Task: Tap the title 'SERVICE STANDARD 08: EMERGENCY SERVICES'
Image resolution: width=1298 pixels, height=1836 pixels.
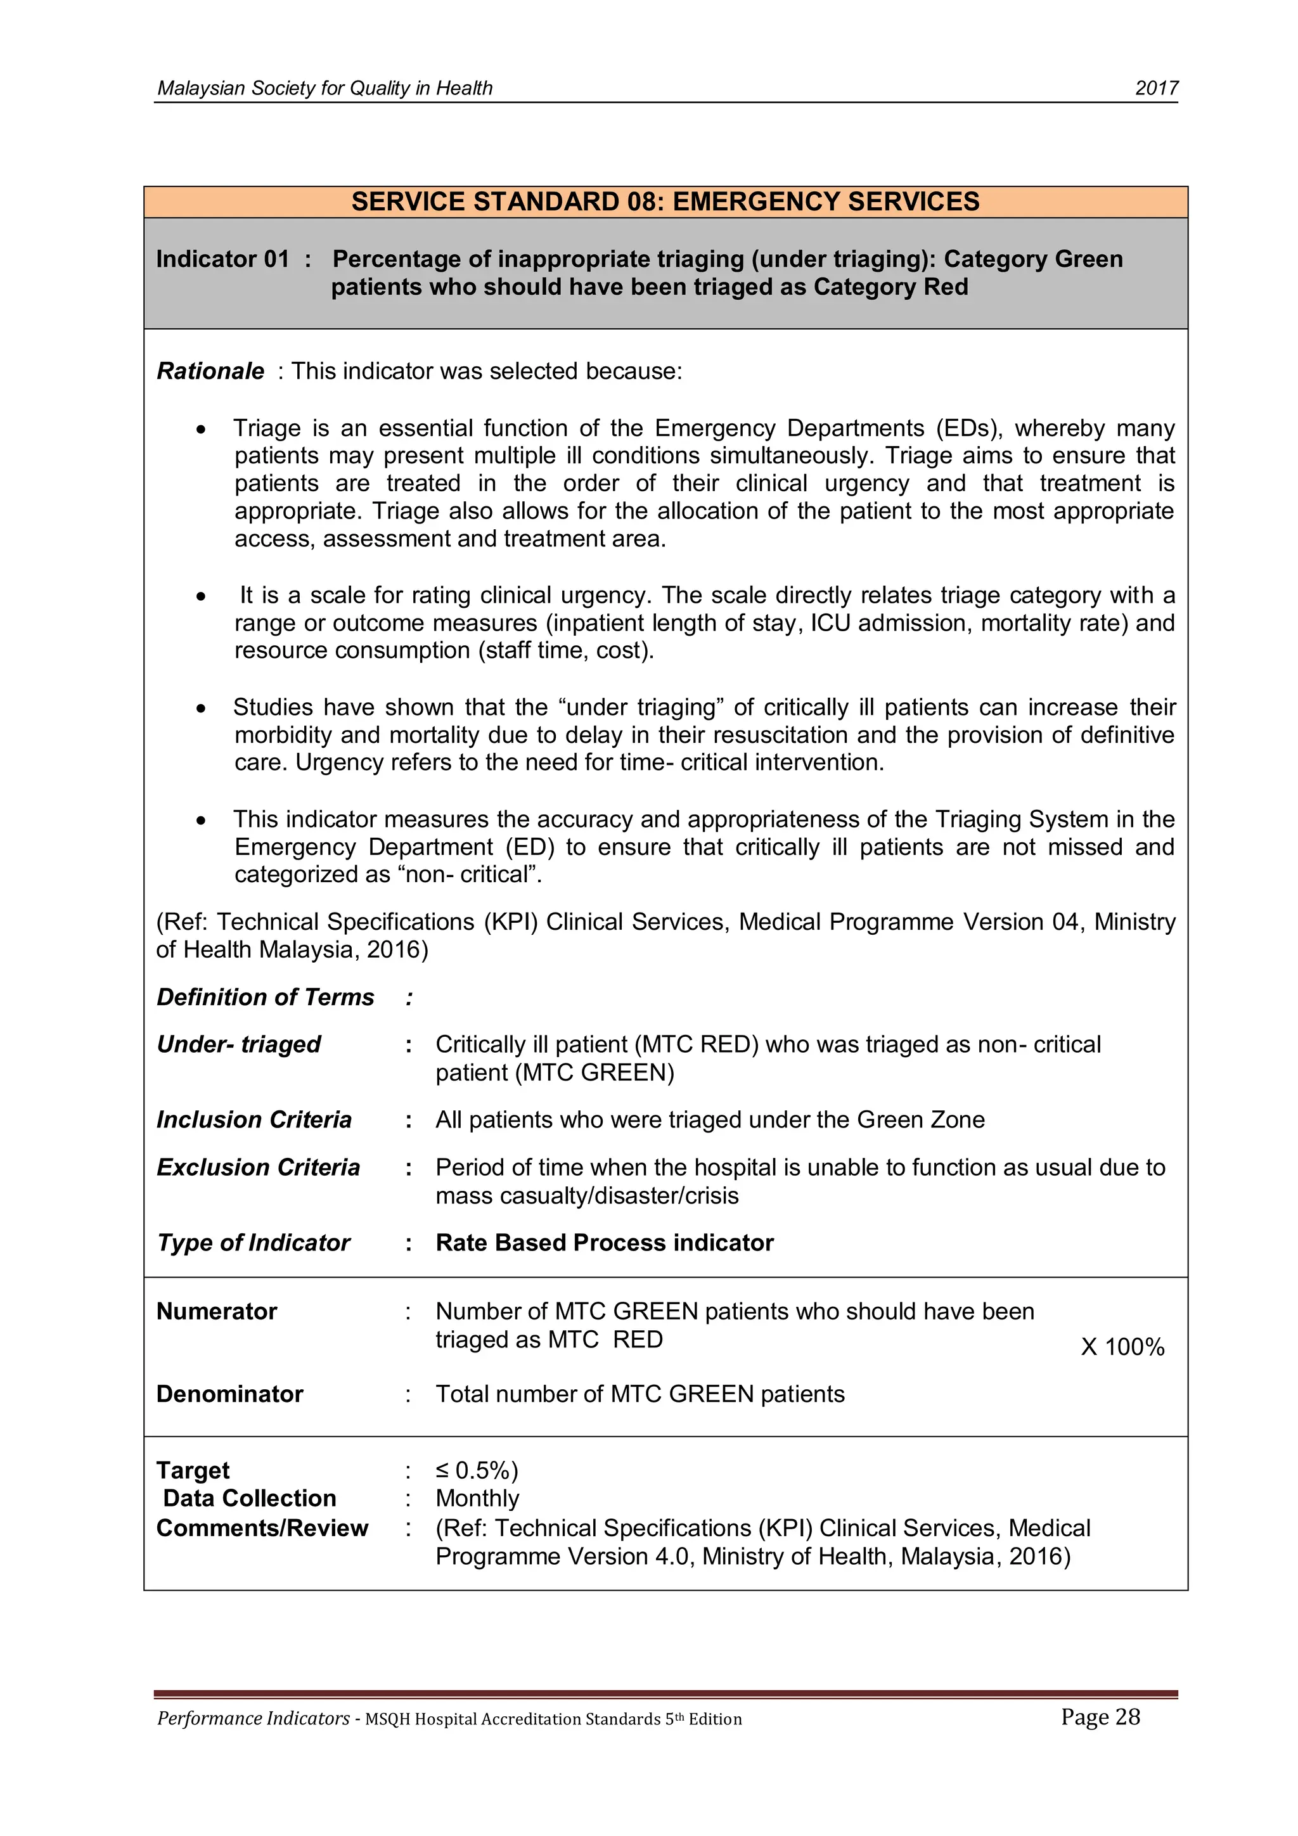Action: point(665,202)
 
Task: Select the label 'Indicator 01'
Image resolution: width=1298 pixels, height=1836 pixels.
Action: point(222,259)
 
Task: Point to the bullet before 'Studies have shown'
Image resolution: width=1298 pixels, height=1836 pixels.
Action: point(202,709)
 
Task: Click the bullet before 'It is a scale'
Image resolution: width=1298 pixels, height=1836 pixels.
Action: point(202,596)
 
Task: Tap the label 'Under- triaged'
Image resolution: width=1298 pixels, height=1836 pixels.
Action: point(238,1044)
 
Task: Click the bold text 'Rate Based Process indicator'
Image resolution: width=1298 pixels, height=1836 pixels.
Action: point(604,1243)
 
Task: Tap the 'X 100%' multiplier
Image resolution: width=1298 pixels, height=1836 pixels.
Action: point(1121,1347)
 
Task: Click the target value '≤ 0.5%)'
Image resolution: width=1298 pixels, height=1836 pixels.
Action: point(477,1470)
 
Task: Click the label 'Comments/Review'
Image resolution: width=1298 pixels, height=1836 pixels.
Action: point(262,1528)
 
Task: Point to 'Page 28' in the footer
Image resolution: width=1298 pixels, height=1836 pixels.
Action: point(1100,1717)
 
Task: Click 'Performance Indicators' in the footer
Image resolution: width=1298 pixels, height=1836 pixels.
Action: point(253,1719)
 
